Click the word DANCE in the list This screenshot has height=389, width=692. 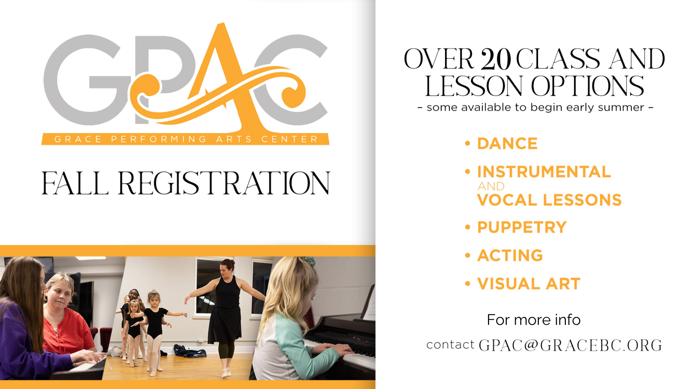click(x=507, y=143)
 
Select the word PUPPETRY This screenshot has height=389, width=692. click(x=522, y=227)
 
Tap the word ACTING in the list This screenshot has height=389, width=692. click(x=510, y=255)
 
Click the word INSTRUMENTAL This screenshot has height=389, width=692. click(x=544, y=171)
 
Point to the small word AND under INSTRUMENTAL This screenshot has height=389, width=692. click(x=491, y=186)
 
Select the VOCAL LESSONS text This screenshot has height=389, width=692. click(x=549, y=200)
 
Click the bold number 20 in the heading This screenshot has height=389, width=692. click(x=496, y=59)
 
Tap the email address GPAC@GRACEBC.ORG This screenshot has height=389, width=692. click(x=570, y=345)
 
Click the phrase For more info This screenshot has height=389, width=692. click(x=534, y=320)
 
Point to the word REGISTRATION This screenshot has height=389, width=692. click(x=224, y=183)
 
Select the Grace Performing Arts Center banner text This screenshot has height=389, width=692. click(x=186, y=139)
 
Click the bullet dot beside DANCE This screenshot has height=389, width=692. click(x=468, y=143)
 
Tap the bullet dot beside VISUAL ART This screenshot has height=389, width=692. click(x=468, y=284)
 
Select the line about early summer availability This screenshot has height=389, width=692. click(x=535, y=107)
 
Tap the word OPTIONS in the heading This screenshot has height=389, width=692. click(x=587, y=86)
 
